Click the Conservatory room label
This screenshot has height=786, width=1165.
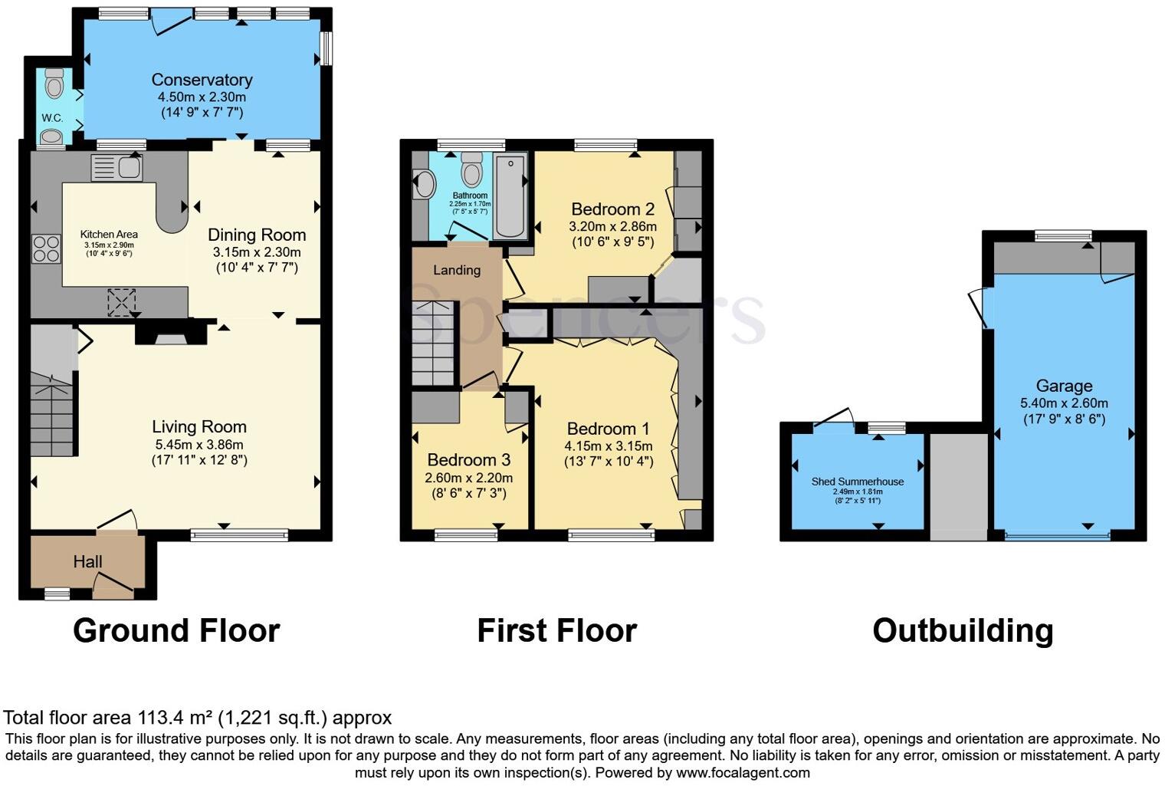coord(202,80)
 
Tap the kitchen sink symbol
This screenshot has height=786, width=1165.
coord(116,167)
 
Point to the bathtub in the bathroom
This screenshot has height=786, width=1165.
coord(510,196)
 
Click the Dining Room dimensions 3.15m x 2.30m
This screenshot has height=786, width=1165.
coord(257,252)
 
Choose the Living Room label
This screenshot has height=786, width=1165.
coord(199,427)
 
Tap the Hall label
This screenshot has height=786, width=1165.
coord(87,562)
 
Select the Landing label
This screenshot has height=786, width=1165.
coord(457,270)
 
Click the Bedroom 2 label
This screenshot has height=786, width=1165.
coord(612,209)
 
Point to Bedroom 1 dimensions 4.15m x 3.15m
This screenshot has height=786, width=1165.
coord(609,446)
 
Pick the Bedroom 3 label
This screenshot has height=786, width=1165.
coord(468,460)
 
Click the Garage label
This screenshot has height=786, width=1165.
coord(1064,386)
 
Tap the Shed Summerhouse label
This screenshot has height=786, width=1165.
coord(857,482)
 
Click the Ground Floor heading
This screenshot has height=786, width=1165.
coord(176,631)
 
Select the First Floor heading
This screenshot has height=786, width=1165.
coord(556,631)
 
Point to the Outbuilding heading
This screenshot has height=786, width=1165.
coord(963,631)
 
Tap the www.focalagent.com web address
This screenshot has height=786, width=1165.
coord(743,772)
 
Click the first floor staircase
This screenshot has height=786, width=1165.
coord(433,344)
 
